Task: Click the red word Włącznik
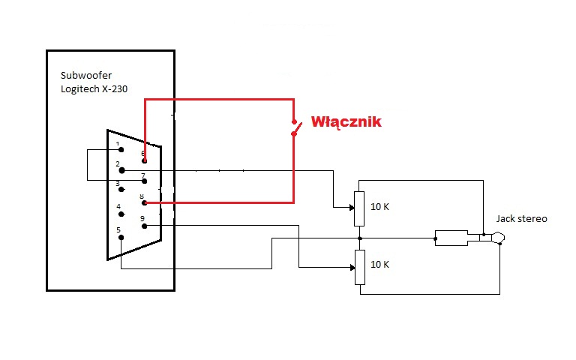pos(346,121)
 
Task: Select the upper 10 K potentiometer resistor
pos(359,208)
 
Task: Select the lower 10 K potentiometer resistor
pos(359,267)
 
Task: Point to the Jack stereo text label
pos(521,219)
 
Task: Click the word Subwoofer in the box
pos(86,75)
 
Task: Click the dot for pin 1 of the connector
pos(121,150)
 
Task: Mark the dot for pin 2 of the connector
pos(121,170)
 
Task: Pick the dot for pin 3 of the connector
pos(121,189)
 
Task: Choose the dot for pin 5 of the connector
pos(121,239)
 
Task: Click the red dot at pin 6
pos(144,160)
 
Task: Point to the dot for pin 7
pos(144,181)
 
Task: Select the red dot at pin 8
pos(144,202)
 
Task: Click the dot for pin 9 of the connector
pos(144,225)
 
